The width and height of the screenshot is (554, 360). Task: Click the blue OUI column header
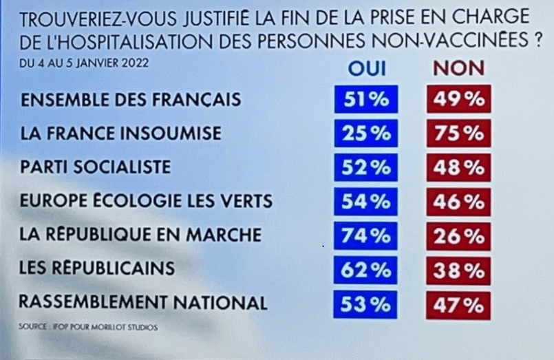(x=367, y=67)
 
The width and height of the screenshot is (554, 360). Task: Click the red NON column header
(x=458, y=67)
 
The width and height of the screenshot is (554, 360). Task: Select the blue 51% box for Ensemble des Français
(x=366, y=99)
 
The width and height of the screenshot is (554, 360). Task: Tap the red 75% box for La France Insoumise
(x=458, y=133)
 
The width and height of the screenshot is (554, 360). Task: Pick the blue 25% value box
(x=366, y=133)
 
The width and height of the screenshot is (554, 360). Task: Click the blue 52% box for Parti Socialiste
(x=366, y=167)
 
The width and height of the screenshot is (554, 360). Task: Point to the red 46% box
(x=458, y=201)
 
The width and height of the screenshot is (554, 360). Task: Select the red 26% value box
(x=458, y=235)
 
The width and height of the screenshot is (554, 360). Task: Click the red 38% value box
(x=458, y=269)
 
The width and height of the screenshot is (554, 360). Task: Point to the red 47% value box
(x=458, y=304)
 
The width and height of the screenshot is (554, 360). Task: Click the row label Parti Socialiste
(x=96, y=167)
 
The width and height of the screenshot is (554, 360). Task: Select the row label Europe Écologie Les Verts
(x=147, y=201)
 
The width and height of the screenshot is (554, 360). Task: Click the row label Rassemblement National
(x=142, y=302)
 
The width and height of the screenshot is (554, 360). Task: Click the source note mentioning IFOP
(x=88, y=328)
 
